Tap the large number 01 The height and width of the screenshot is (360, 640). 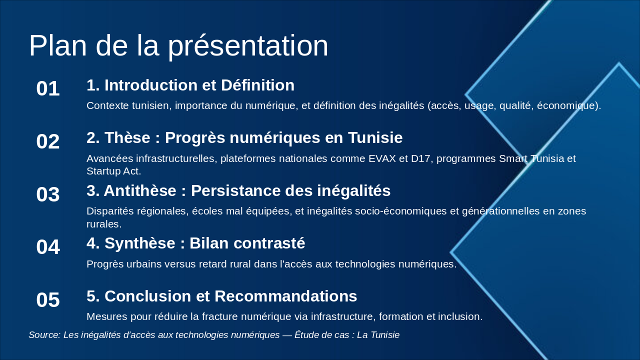tap(48, 88)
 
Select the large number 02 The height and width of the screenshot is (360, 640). tap(48, 141)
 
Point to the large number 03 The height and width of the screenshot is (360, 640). tap(48, 194)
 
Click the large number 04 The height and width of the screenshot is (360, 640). tap(48, 247)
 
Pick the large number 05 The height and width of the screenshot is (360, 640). tap(48, 300)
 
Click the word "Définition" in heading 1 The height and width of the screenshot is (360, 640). tap(257, 85)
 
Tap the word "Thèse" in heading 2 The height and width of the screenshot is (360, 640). tap(127, 137)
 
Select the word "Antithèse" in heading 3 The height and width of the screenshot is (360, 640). tap(140, 190)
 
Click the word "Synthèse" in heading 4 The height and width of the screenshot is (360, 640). tap(139, 243)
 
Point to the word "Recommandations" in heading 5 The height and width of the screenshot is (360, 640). tap(285, 296)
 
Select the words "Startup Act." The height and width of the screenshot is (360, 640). tap(113, 171)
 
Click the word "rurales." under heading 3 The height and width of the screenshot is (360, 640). tap(104, 224)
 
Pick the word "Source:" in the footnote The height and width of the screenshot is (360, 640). tap(44, 335)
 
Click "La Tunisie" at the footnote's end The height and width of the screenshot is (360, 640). tap(378, 335)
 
